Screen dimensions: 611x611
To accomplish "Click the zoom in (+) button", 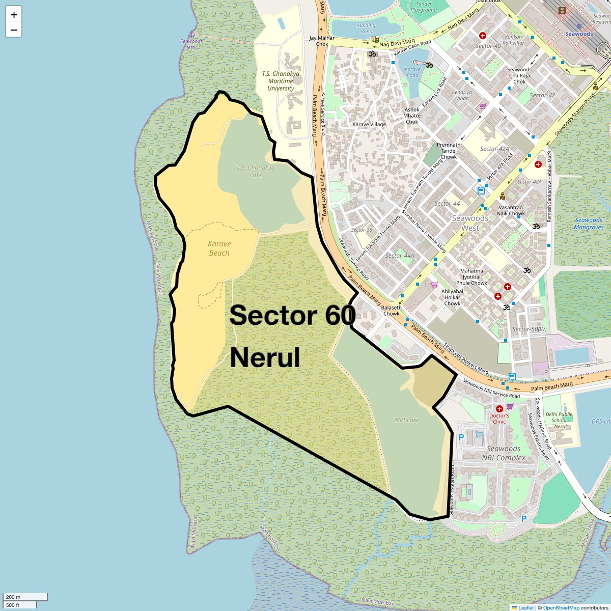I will [x=14, y=14].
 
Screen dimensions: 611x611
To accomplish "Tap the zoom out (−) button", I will [x=14, y=30].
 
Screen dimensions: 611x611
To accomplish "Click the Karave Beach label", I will [x=219, y=248].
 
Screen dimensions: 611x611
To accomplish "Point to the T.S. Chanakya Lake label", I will [x=256, y=171].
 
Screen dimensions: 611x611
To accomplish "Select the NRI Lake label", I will [x=407, y=420].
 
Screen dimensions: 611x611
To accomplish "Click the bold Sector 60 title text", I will [x=292, y=315].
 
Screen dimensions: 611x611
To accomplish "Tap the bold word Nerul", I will [x=265, y=357].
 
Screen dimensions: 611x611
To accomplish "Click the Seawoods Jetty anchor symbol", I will [x=191, y=34].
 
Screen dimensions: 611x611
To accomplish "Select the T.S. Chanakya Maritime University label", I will [x=281, y=81].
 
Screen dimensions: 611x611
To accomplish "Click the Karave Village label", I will [x=369, y=124].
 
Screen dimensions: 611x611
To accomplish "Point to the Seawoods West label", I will [x=470, y=223].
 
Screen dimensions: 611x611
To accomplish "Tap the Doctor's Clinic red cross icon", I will [x=499, y=408].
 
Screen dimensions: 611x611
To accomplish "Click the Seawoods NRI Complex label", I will [x=504, y=453].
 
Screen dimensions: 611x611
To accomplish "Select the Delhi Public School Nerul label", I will [x=559, y=420].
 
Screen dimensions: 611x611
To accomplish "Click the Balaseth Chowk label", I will [x=391, y=311].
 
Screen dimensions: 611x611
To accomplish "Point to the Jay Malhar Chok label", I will [x=322, y=41].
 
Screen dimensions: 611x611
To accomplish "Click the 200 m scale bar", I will [x=25, y=597].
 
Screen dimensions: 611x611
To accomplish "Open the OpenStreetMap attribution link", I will [x=561, y=607].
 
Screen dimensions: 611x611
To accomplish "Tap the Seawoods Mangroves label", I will [x=589, y=224].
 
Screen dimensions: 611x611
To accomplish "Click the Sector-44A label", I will [x=400, y=256].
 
